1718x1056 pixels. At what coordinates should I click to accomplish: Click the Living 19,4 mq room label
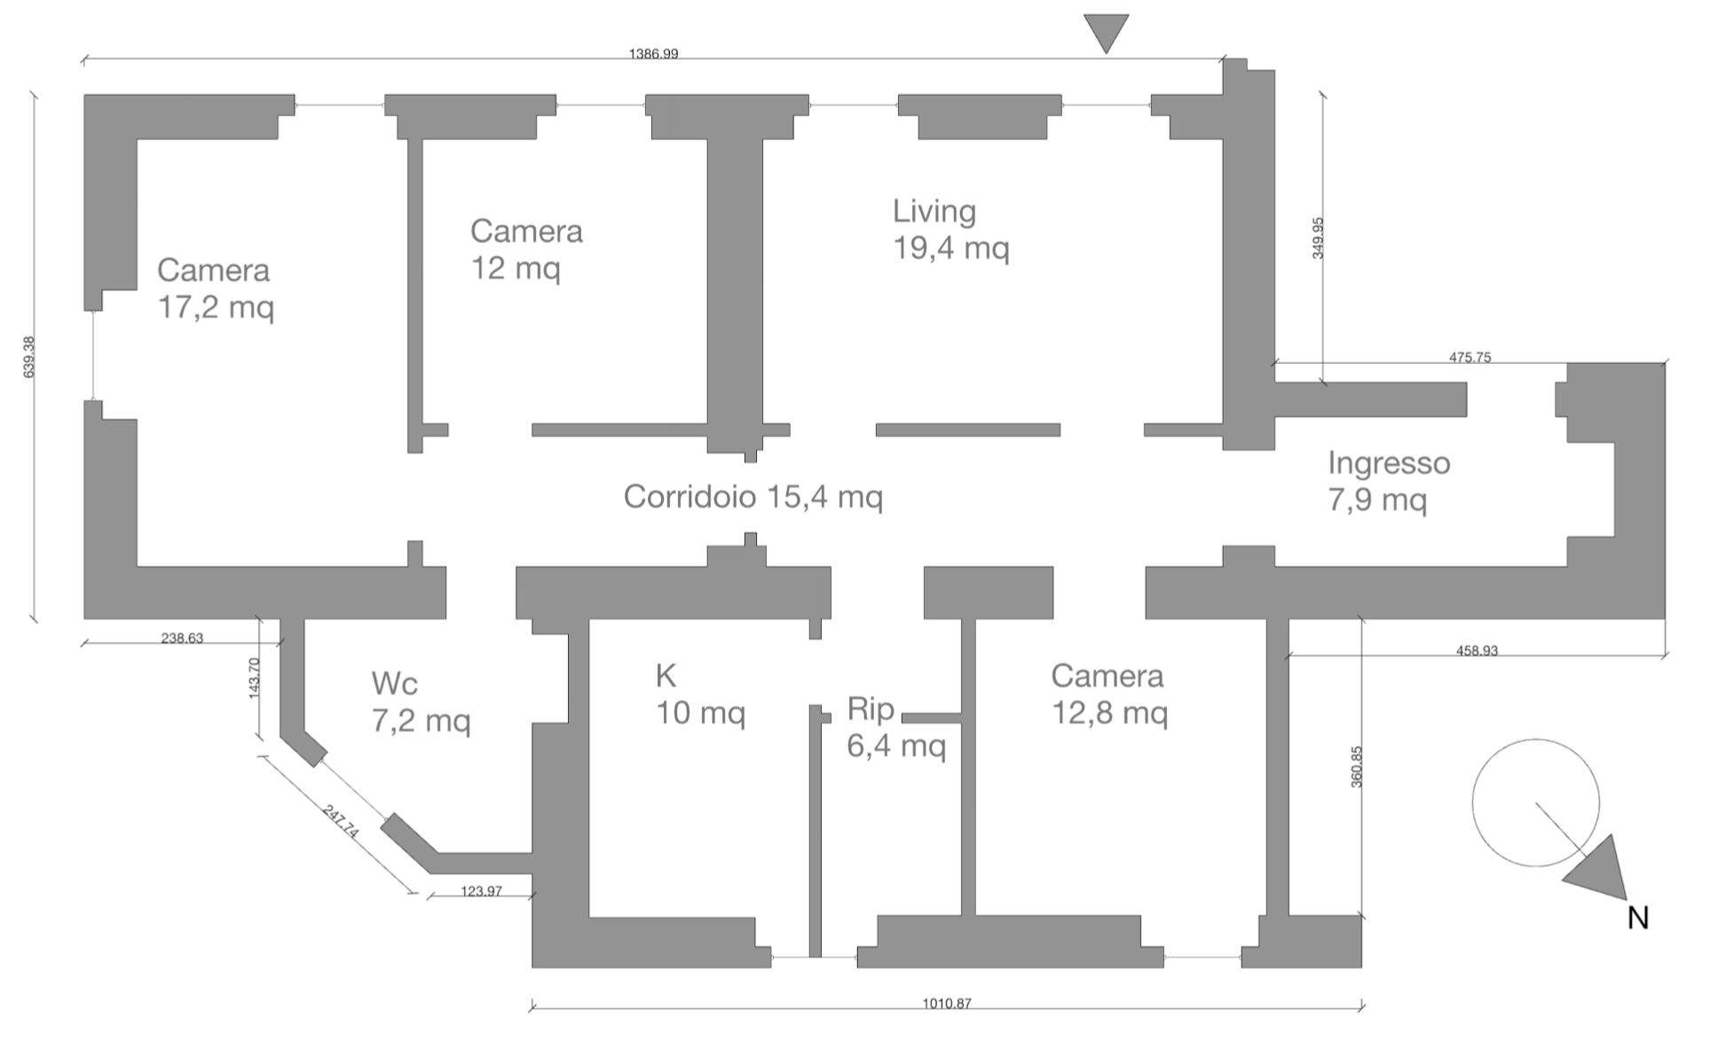click(950, 229)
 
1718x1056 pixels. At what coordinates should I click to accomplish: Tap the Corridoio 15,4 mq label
click(753, 496)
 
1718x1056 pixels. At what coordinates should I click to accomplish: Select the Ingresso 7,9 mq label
click(1388, 481)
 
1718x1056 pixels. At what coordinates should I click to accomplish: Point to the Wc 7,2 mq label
click(420, 702)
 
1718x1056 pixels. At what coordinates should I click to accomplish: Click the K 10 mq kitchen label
click(699, 695)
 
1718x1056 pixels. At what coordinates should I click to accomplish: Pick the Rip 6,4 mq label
click(895, 728)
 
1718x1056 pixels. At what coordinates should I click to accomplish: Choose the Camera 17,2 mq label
click(215, 288)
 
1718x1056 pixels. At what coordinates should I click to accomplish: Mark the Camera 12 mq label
click(526, 249)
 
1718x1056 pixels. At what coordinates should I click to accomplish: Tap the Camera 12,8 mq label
click(1107, 694)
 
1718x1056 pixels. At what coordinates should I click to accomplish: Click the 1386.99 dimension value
click(653, 54)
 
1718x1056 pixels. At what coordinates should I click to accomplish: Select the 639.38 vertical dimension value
click(29, 357)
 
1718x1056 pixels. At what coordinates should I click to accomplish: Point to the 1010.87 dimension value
click(946, 1004)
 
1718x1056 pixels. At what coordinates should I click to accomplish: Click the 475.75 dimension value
click(1470, 358)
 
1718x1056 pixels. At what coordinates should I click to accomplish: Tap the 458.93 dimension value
click(1477, 650)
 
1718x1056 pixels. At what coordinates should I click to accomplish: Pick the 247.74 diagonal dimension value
click(341, 822)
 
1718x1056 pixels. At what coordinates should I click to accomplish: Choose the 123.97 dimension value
click(481, 891)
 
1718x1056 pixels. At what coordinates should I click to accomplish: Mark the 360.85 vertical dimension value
click(1356, 767)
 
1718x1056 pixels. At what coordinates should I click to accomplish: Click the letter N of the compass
click(1637, 918)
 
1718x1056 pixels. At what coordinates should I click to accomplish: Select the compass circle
click(1535, 802)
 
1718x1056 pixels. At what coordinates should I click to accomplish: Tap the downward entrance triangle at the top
click(1106, 32)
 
